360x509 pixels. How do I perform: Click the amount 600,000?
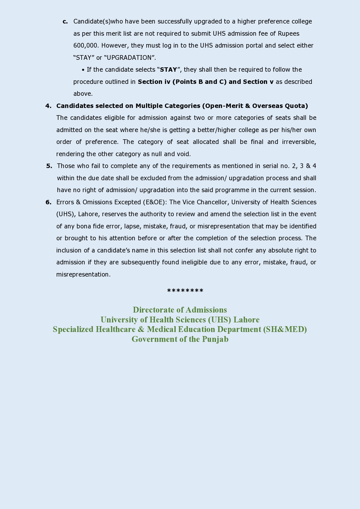86,46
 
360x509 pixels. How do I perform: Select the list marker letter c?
65,21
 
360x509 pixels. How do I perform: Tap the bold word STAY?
168,70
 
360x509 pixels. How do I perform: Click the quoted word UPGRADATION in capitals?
129,58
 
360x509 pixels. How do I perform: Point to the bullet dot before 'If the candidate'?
83,70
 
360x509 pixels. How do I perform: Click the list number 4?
48,106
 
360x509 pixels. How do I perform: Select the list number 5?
49,166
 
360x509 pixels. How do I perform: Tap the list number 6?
48,202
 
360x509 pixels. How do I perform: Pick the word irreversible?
299,142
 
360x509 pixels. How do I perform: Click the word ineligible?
194,262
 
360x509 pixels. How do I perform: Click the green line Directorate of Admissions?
180,310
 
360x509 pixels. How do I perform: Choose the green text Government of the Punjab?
180,339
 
